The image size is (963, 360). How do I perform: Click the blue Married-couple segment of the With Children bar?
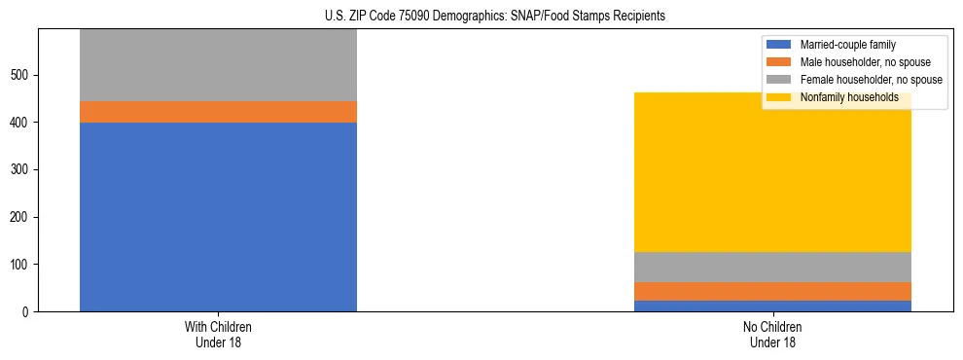point(218,216)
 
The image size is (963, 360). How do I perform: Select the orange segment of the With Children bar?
point(218,112)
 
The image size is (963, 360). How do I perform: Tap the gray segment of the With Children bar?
point(218,65)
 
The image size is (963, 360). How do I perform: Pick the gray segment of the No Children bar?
point(772,267)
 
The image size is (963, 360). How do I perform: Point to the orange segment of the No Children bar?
point(772,291)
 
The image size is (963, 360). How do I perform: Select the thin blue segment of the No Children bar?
point(772,306)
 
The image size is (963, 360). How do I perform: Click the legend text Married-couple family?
point(847,45)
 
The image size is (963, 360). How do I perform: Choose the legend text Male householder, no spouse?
point(865,62)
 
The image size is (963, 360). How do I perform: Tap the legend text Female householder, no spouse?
point(871,80)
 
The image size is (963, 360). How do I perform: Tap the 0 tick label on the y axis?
point(27,312)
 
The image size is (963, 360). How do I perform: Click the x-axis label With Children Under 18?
point(218,334)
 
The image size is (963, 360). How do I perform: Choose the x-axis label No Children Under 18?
point(772,334)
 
